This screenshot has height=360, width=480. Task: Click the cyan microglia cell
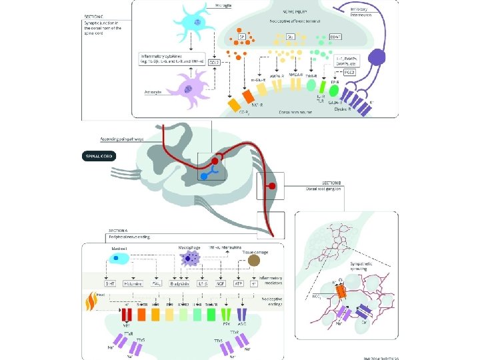(197, 24)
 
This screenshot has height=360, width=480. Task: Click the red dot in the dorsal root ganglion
(271, 185)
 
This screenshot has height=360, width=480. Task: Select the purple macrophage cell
(191, 258)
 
